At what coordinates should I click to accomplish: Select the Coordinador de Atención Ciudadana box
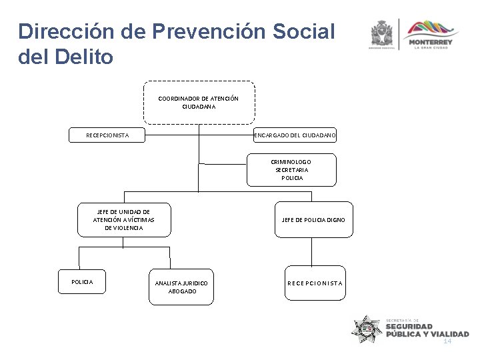pos(198,103)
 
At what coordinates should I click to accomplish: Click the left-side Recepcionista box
pos(107,135)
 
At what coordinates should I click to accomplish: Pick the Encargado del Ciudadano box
pos(295,135)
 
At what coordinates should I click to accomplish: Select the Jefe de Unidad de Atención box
pos(123,219)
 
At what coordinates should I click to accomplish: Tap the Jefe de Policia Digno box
pos(313,219)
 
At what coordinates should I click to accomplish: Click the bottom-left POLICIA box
pos(82,282)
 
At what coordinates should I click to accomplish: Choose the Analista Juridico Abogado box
pos(181,287)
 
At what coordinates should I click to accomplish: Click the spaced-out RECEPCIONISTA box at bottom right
pos(315,283)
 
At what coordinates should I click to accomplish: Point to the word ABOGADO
pos(181,291)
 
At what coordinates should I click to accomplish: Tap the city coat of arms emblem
pos(383,33)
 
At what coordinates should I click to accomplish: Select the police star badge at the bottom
pos(367,329)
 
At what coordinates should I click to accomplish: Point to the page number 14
pos(447,341)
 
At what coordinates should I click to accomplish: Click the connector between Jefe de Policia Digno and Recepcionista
pos(312,253)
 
